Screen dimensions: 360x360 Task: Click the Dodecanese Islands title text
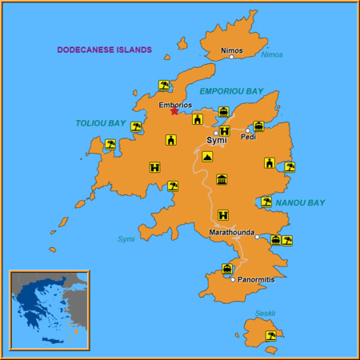[x=104, y=50]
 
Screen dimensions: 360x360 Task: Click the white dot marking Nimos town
[x=231, y=57]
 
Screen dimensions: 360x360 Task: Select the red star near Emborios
[x=174, y=111]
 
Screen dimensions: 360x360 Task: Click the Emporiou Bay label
[x=230, y=91]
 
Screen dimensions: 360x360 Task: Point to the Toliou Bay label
[x=101, y=123]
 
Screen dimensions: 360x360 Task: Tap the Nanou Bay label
[x=300, y=203]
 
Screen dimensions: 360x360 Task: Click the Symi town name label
[x=216, y=140]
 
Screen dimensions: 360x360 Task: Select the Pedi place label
[x=248, y=138]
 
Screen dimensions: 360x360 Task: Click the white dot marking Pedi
[x=248, y=130]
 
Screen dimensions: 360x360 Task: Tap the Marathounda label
[x=231, y=232]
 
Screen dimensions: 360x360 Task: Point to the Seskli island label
[x=265, y=313]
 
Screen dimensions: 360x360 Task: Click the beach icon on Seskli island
[x=271, y=335]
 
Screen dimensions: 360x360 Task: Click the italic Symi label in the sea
[x=126, y=238]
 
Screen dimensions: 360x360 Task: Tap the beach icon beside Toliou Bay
[x=137, y=126]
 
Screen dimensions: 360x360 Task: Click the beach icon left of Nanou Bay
[x=266, y=202]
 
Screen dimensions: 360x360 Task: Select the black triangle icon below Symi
[x=207, y=158]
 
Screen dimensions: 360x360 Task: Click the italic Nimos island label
[x=272, y=54]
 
